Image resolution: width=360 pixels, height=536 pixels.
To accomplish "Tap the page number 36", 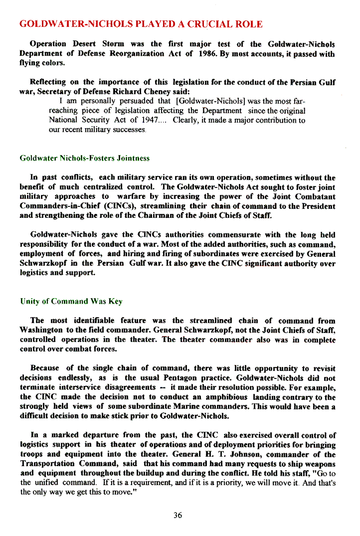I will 178,516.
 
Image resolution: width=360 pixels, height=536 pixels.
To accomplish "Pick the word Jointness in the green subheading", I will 133,159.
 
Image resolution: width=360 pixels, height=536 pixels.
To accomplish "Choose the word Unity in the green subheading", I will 29,301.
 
